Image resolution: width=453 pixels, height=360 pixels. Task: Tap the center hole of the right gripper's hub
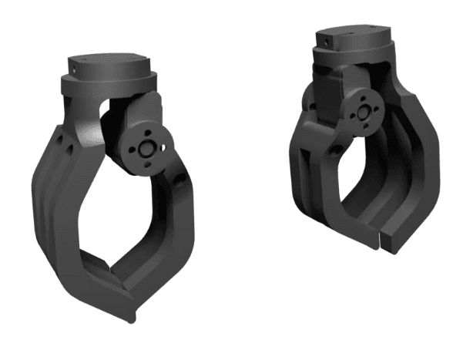click(361, 113)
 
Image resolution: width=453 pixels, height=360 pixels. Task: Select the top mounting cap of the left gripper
click(108, 69)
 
